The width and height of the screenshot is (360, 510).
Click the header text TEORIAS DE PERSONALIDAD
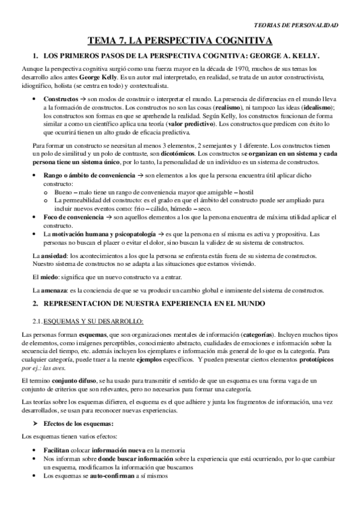point(297,25)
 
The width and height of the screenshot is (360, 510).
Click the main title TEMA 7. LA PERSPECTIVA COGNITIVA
point(180,40)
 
